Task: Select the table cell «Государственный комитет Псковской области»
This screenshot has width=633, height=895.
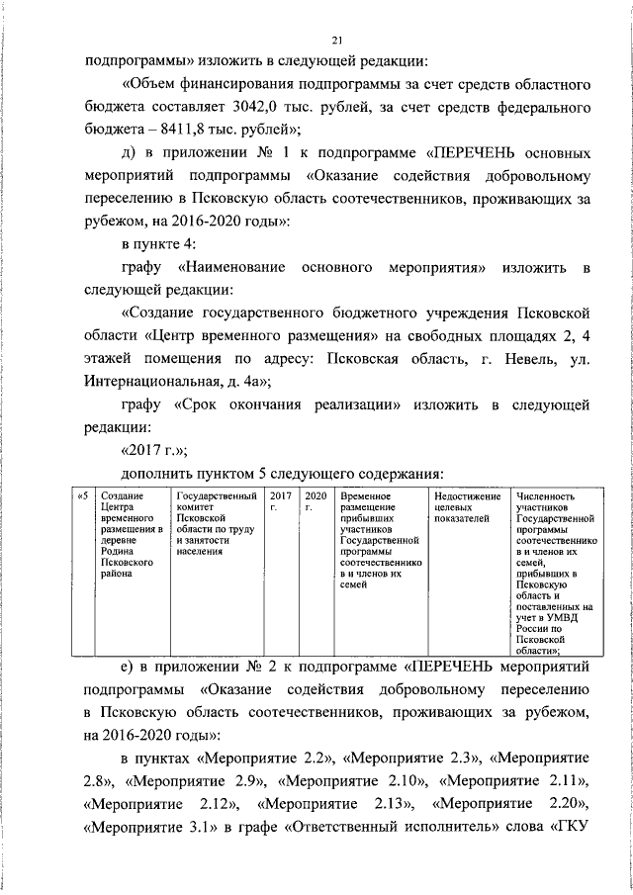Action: pyautogui.click(x=217, y=524)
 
